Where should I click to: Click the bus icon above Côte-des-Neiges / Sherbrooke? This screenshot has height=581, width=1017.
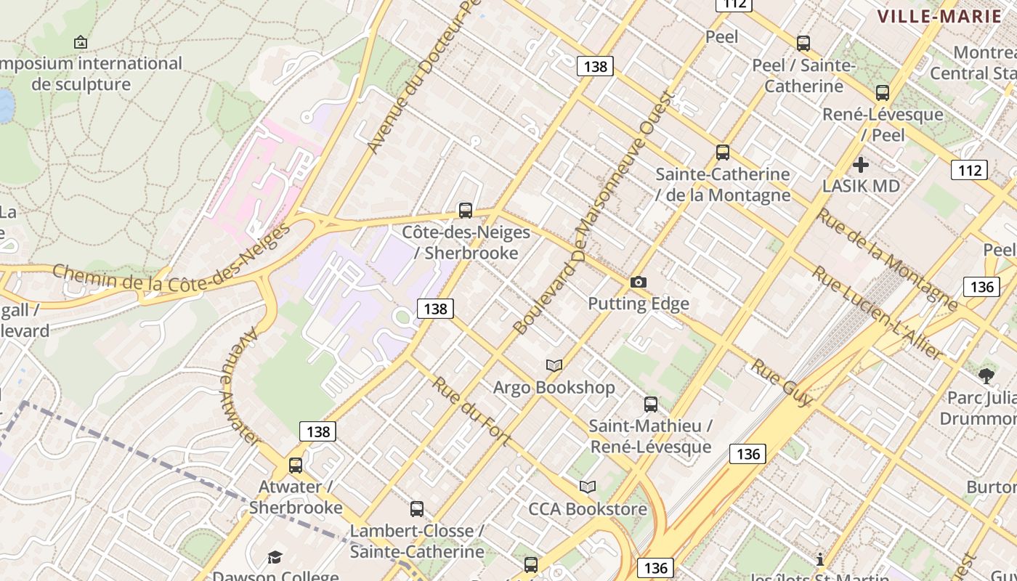466,211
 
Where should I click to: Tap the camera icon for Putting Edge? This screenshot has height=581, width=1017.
639,282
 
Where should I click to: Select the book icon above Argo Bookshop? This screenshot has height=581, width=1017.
554,365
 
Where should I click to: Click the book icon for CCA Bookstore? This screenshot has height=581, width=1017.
588,487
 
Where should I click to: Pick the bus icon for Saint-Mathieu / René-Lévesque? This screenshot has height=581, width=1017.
651,404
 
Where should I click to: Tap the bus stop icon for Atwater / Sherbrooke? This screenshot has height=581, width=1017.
296,465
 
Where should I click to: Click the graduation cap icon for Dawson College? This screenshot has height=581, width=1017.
275,557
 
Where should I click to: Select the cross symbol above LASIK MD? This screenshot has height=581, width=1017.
861,164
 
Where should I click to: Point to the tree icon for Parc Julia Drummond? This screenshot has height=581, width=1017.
986,375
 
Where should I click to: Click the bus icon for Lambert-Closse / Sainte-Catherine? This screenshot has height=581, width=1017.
417,509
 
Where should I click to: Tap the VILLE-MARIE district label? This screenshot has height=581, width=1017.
939,16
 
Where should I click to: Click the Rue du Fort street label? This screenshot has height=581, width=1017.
471,411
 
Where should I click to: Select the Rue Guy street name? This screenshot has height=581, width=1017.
782,382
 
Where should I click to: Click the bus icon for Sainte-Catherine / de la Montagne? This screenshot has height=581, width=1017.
723,153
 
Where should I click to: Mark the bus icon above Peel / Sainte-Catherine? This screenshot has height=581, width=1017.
803,44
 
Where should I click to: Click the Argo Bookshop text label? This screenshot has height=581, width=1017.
554,388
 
